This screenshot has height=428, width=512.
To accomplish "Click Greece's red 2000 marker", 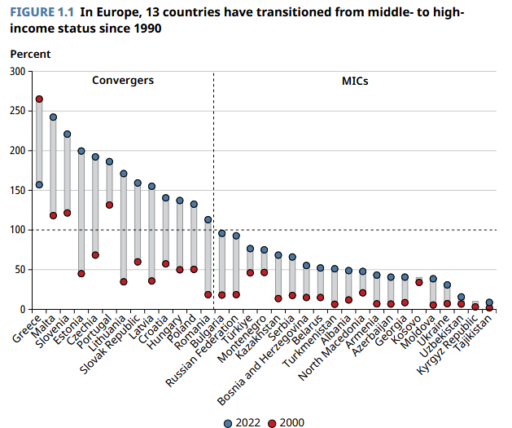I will click(39, 99).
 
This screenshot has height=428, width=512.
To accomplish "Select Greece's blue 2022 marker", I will click(39, 185).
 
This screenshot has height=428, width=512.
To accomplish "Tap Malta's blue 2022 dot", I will click(53, 117).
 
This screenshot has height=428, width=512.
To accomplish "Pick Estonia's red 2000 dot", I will click(81, 274).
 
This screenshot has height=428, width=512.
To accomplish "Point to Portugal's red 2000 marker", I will click(109, 205).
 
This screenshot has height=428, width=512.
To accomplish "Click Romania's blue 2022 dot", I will click(208, 220).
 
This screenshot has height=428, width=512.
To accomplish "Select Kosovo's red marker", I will click(419, 282).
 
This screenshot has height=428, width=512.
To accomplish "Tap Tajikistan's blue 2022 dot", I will click(489, 302).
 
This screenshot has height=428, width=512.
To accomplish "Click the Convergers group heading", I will click(123, 81).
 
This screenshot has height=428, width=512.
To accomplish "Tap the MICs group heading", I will click(355, 81).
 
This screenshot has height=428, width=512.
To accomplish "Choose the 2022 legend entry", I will click(242, 422).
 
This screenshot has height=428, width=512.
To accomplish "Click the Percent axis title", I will click(30, 54).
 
